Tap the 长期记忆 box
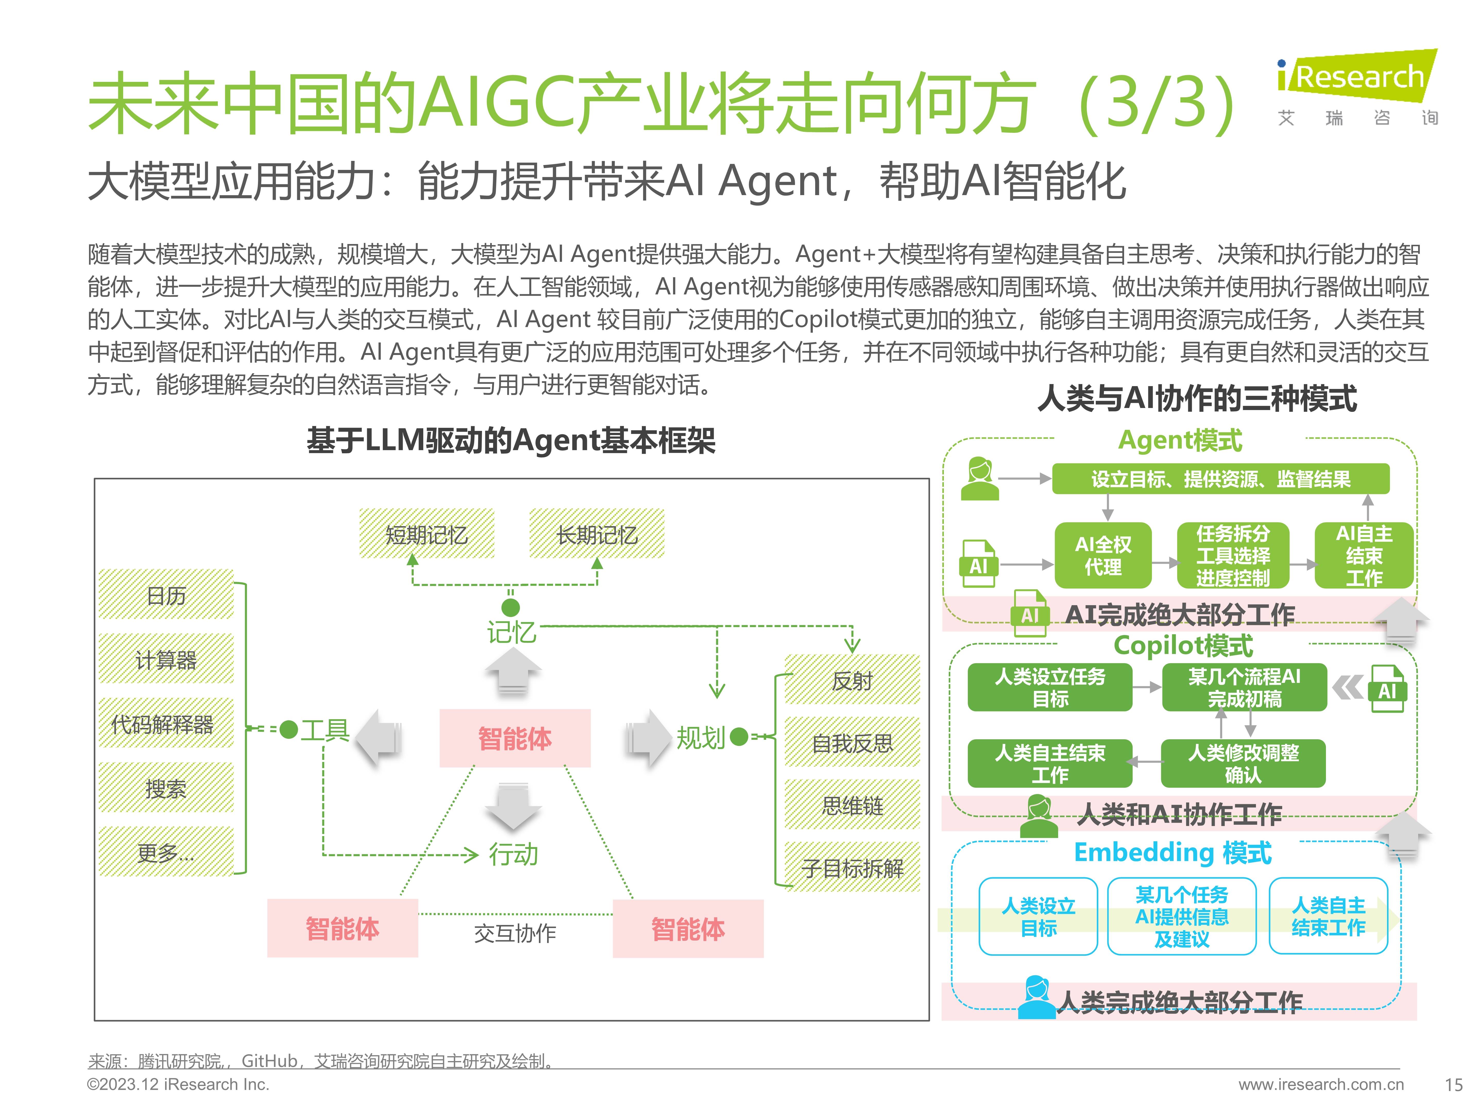click(597, 534)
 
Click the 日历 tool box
click(166, 595)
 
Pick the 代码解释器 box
click(166, 723)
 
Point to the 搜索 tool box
click(166, 788)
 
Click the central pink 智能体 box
click(515, 738)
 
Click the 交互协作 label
click(515, 933)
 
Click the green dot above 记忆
click(511, 607)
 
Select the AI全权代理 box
click(1103, 555)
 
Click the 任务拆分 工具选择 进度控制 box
click(1233, 555)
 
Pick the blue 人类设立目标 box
click(1039, 916)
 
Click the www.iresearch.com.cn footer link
click(1321, 1084)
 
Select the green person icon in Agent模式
click(979, 479)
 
